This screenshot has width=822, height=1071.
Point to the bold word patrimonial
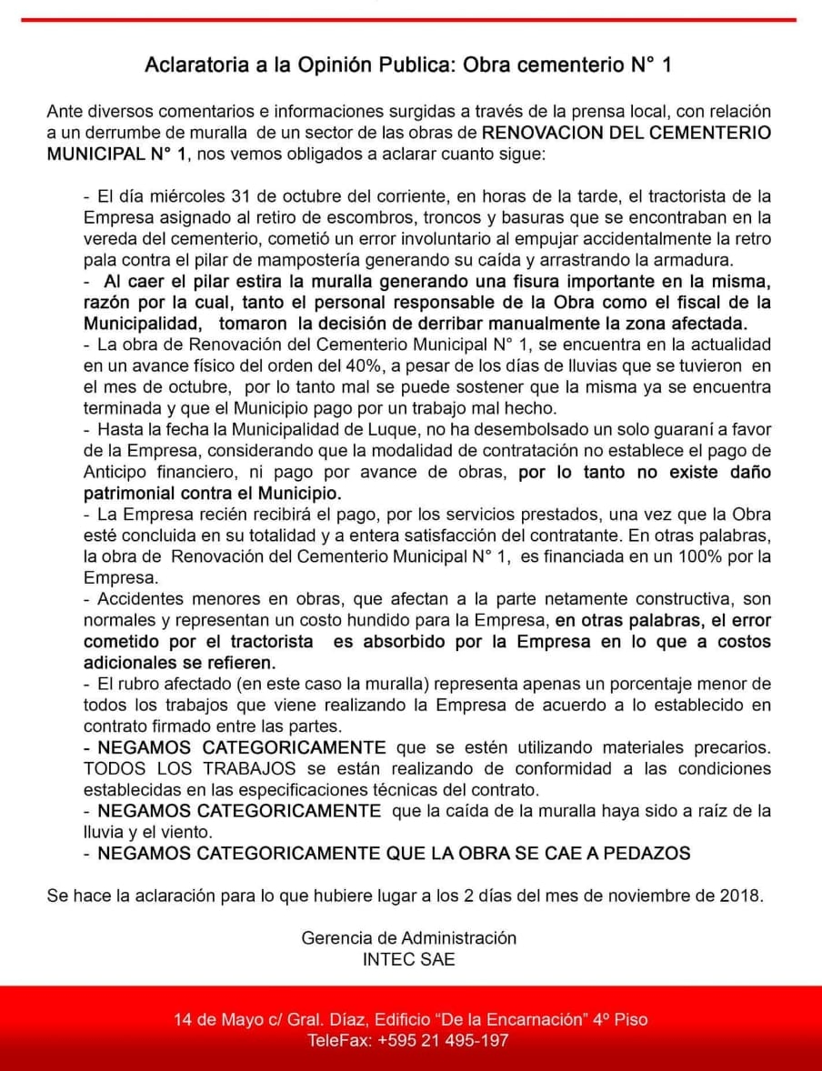coord(130,494)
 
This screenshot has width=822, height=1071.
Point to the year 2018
coord(740,896)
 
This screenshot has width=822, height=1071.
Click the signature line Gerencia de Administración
coord(409,938)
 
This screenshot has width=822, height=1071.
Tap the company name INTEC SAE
coord(409,959)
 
